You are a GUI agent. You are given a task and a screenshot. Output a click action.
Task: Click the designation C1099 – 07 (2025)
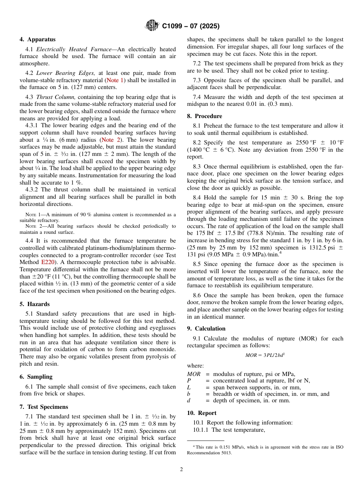[191, 26]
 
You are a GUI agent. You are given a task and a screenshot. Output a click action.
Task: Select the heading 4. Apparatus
[37, 39]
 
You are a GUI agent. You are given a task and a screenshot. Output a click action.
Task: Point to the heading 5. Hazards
[34, 304]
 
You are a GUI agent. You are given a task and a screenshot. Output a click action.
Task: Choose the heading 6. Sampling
[36, 377]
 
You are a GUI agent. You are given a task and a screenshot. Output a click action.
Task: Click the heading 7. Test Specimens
[44, 407]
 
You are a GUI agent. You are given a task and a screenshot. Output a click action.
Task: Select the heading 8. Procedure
[204, 116]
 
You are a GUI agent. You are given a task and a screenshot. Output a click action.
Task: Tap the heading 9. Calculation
[206, 329]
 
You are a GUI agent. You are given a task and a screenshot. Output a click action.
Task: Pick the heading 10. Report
[201, 413]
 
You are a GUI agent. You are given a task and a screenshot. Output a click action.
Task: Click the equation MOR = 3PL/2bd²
[265, 355]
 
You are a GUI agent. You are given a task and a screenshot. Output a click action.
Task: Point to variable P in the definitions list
[189, 381]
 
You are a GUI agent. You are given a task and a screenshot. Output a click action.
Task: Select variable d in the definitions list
[189, 400]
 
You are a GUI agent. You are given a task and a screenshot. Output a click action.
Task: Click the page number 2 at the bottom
[181, 470]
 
